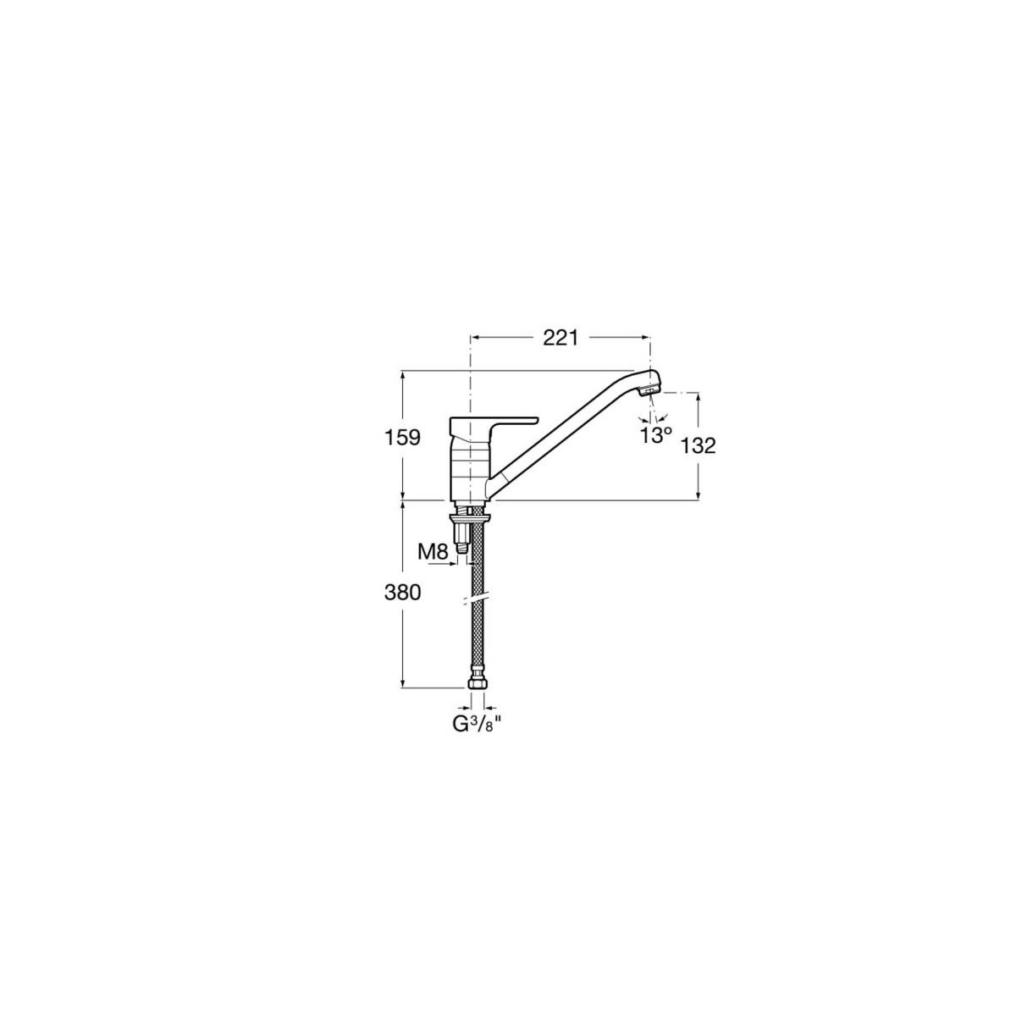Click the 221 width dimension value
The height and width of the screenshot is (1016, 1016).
(x=560, y=338)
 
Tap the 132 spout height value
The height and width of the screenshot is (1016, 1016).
(x=698, y=445)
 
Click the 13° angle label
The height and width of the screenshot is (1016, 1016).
(x=655, y=435)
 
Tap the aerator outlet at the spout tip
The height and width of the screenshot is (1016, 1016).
(x=648, y=391)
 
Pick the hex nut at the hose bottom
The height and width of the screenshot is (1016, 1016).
(x=476, y=682)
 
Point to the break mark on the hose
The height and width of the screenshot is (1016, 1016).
(x=476, y=599)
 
